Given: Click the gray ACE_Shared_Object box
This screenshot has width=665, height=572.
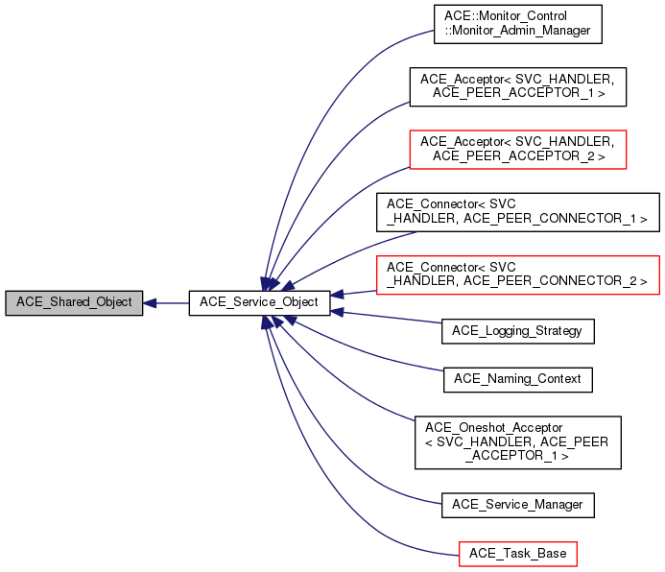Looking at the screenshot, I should tap(75, 302).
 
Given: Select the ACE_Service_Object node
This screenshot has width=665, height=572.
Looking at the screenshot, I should tap(260, 302).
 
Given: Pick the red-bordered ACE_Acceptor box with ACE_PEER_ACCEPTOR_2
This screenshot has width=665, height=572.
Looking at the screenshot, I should tap(518, 149).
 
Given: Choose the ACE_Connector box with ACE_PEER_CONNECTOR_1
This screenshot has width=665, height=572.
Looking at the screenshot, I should tap(518, 212).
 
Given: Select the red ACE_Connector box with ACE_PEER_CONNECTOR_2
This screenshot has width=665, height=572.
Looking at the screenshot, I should tap(518, 275).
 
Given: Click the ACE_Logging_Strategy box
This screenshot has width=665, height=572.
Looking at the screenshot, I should tap(518, 331).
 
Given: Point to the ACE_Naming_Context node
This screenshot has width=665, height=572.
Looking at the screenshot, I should tap(518, 379).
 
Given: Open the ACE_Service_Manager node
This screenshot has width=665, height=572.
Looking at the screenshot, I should tap(518, 504).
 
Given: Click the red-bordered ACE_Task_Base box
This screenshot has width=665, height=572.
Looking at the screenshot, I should tap(518, 554).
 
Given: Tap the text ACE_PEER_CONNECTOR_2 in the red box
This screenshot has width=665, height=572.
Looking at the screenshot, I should tap(568, 282).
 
